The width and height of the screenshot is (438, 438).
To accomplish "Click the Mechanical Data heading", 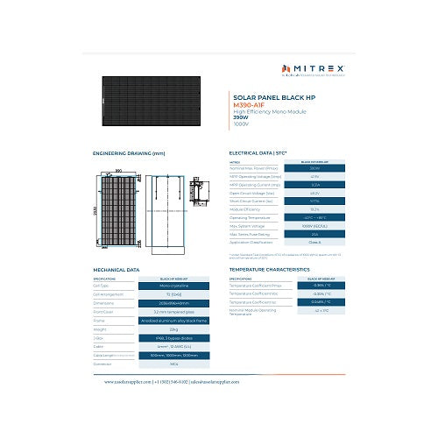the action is (x=116, y=270).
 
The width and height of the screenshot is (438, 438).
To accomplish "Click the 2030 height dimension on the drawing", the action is (x=95, y=213).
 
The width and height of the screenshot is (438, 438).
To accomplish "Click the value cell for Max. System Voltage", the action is (x=314, y=226).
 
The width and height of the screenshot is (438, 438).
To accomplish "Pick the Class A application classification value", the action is (x=314, y=242).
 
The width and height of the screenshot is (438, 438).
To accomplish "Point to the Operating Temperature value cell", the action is (x=314, y=218).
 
